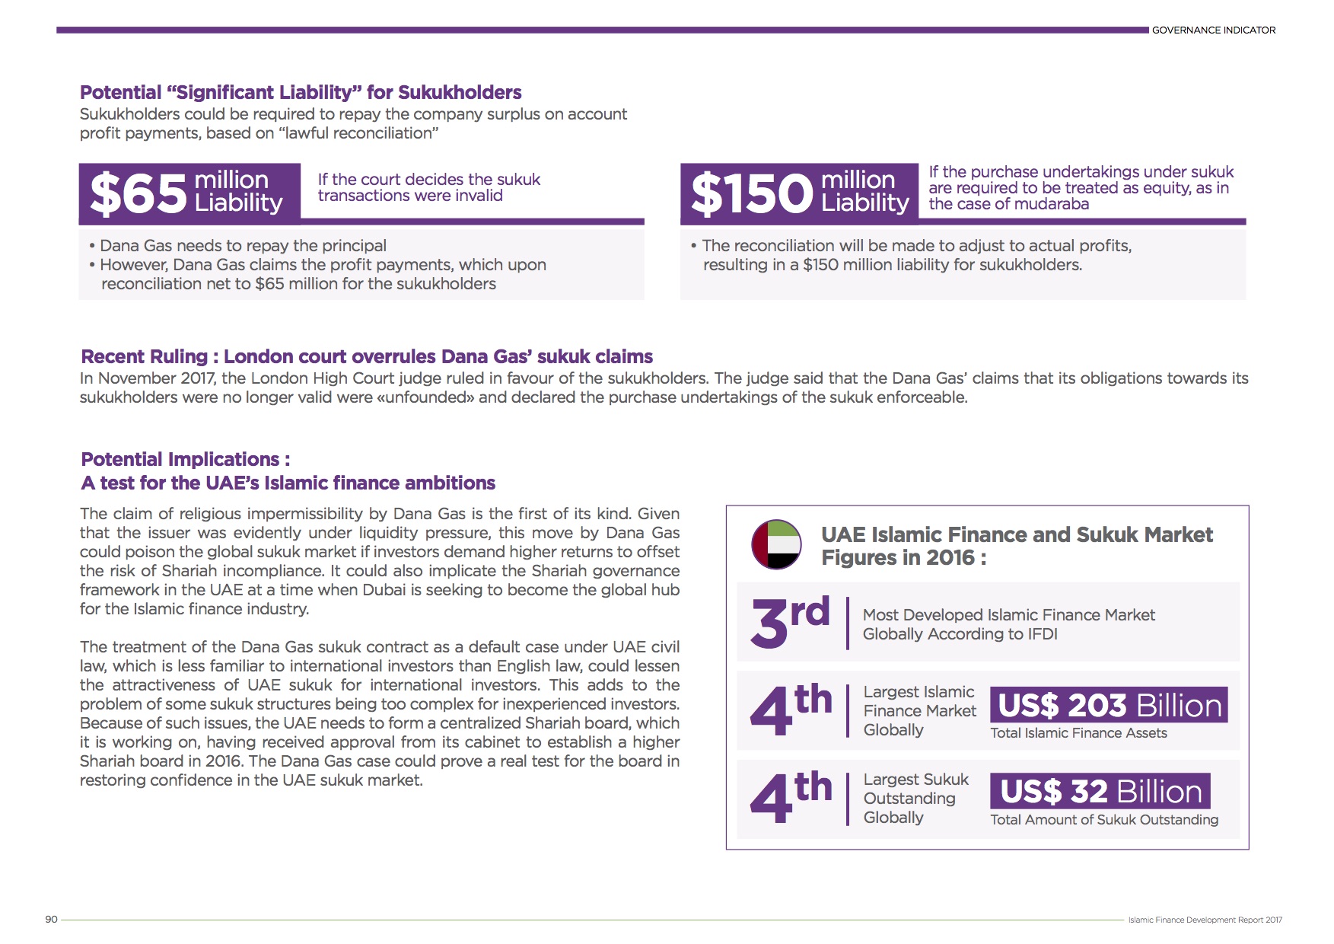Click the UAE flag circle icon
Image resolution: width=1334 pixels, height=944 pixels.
[x=776, y=544]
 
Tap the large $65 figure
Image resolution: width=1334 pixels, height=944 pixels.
[x=138, y=193]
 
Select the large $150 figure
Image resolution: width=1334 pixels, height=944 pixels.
[x=751, y=193]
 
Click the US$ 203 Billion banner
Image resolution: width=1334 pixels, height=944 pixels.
[x=1109, y=705]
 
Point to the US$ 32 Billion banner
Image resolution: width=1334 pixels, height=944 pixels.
[x=1100, y=792]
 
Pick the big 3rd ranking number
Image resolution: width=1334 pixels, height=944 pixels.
[x=789, y=621]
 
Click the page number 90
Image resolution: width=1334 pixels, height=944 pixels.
[x=52, y=919]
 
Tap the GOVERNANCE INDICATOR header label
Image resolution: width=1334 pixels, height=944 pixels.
[x=1213, y=30]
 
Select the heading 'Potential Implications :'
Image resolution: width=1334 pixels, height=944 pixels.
[x=186, y=459]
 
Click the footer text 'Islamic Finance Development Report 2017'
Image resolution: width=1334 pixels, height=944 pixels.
[x=1205, y=920]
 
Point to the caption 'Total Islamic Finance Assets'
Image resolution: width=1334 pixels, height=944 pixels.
[x=1078, y=733]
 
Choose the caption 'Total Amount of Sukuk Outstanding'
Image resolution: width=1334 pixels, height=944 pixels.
[x=1104, y=820]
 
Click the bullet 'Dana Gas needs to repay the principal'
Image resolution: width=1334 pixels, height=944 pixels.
[x=243, y=246]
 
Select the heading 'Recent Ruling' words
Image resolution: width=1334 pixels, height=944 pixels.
[x=144, y=356]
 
